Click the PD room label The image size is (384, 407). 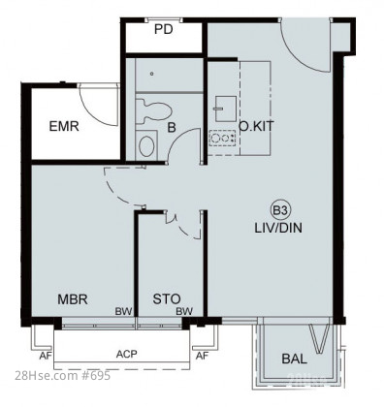164,29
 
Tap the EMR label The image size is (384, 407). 64,126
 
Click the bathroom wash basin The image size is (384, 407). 146,146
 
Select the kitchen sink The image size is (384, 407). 225,109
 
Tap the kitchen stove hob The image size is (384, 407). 222,139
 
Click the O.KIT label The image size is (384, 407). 256,126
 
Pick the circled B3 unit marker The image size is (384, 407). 280,211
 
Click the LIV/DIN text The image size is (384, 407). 278,228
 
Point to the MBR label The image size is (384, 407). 73,299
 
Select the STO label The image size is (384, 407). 167,299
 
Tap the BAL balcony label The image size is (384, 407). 294,359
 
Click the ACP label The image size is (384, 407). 127,354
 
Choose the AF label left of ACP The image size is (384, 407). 46,356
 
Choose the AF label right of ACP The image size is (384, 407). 202,356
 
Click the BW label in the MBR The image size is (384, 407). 124,311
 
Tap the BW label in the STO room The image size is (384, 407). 184,311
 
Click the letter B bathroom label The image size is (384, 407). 172,128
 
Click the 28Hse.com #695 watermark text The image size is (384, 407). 63,375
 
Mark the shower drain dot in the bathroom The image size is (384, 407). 152,74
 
